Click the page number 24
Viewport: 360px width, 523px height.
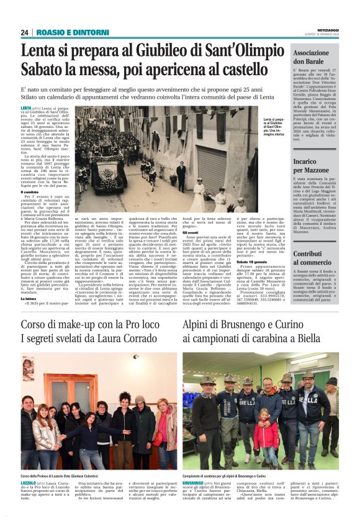[x=25, y=32]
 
